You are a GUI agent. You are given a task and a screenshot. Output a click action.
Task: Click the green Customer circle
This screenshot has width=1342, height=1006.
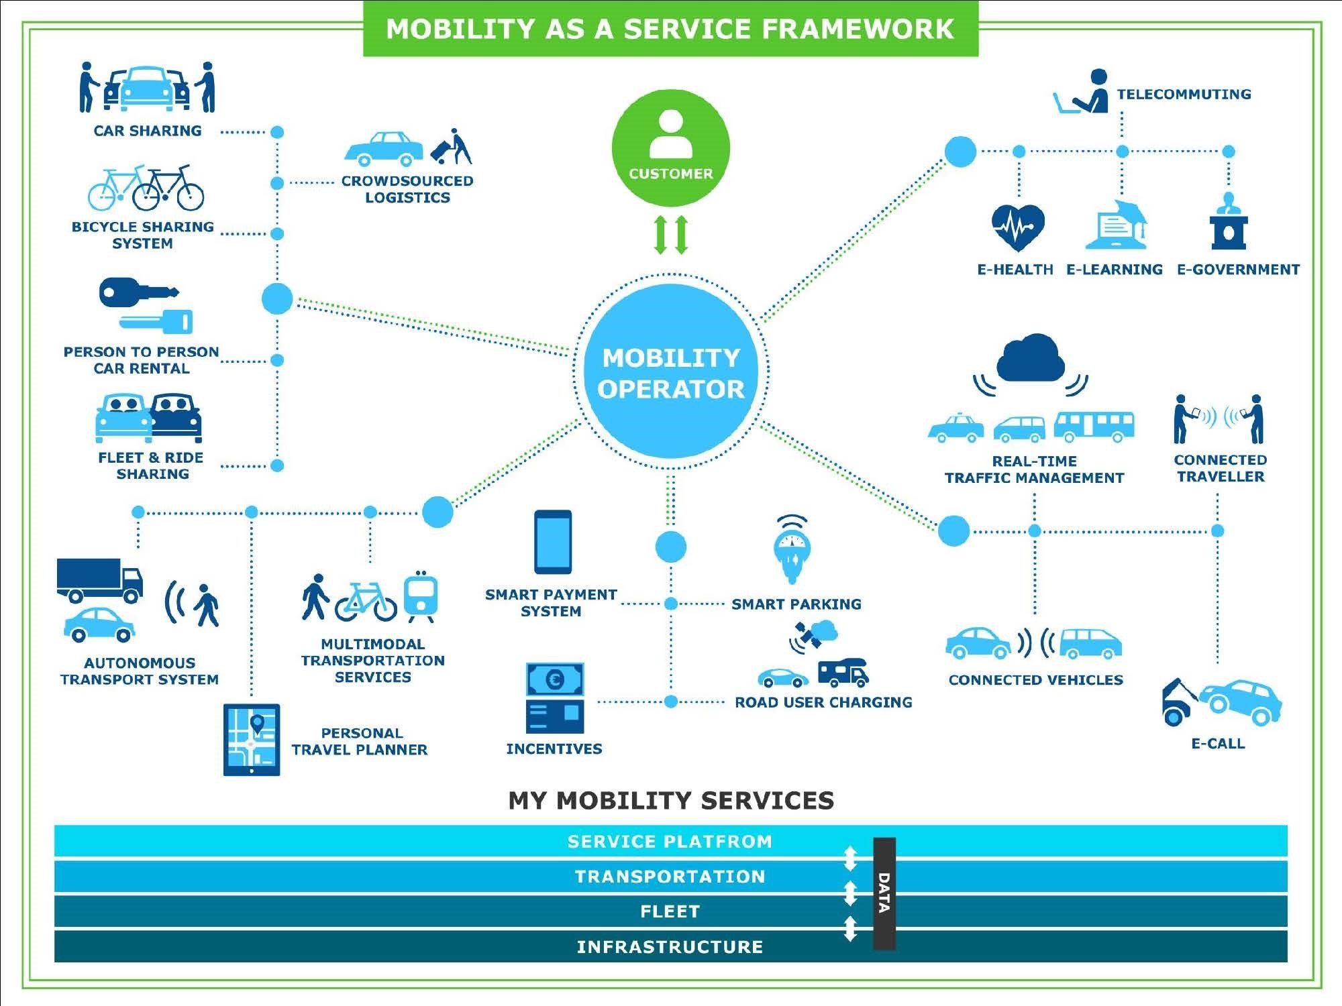[670, 148]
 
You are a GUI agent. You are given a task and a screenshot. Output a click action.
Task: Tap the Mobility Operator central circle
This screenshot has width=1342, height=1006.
[670, 372]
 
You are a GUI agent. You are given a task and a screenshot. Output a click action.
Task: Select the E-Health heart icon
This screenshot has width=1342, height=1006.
[1018, 227]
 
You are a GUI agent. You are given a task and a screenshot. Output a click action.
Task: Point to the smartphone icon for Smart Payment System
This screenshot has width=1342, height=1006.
[553, 542]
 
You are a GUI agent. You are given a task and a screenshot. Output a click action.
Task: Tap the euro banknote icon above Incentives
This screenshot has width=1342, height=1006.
[555, 679]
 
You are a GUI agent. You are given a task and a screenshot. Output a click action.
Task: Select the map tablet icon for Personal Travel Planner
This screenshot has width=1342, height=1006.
[252, 740]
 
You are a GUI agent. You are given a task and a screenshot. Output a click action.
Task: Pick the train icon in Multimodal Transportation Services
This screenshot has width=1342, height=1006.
[421, 596]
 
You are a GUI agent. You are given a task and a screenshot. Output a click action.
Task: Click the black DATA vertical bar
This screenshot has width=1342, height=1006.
[884, 893]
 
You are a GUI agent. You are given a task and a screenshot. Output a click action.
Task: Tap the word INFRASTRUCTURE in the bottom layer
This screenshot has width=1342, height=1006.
[670, 947]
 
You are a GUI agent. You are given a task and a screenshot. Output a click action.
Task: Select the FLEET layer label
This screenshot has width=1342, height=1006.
[670, 911]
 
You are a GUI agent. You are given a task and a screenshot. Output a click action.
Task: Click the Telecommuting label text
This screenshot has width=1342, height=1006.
[1184, 94]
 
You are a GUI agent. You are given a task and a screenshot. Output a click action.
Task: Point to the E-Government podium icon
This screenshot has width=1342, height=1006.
[1229, 223]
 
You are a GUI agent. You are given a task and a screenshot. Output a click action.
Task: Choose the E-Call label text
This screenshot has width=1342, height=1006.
[1218, 743]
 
